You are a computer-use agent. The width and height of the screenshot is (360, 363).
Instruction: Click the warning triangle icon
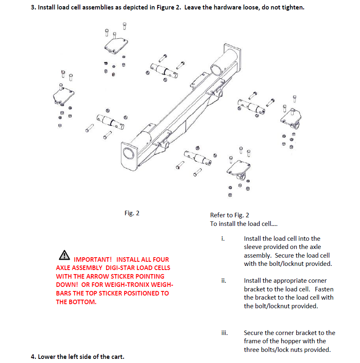click(x=64, y=255)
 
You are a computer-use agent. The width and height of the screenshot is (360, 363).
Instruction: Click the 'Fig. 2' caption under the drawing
click(x=132, y=213)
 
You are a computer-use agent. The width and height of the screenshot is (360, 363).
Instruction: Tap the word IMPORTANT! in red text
click(x=93, y=260)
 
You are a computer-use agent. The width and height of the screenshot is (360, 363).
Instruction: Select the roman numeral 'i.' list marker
click(x=223, y=239)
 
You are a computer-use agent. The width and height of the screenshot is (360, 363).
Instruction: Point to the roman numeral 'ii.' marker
click(x=223, y=281)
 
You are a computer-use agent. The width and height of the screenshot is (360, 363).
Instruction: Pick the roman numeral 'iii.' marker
click(x=224, y=333)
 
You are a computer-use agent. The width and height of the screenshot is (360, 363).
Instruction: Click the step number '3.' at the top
click(x=33, y=8)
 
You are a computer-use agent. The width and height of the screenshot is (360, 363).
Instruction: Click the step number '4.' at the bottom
click(x=33, y=356)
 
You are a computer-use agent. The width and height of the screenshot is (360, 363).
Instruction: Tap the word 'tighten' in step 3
click(x=293, y=8)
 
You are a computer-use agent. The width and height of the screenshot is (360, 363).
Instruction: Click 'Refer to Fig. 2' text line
click(x=230, y=215)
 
